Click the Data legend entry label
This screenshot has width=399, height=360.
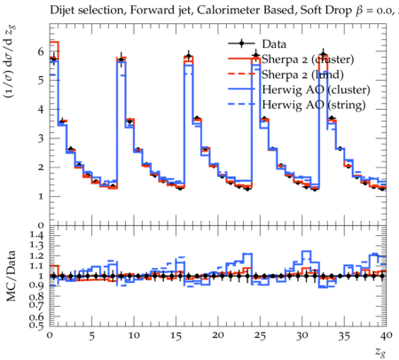pos(274,44)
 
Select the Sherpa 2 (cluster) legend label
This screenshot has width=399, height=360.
pos(308,59)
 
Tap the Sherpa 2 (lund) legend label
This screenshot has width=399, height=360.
pos(302,74)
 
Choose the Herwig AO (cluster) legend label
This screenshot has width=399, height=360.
pos(316,90)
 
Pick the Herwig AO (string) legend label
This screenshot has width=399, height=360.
pos(314,105)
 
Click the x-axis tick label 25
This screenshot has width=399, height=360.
pos(260,336)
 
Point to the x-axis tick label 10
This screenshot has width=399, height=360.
pos(134,336)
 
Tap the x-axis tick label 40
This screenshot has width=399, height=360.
pos(387,336)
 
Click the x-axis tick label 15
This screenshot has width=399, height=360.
pos(176,336)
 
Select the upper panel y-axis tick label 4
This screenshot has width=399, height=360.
pos(41,110)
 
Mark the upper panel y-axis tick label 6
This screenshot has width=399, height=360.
pos(41,51)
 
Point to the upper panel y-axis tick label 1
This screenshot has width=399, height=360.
pos(41,197)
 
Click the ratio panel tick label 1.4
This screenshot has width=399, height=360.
pos(37,235)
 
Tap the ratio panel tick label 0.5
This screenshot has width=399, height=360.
pos(37,325)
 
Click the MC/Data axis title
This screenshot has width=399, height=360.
pos(11,276)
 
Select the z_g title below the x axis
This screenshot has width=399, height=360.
pos(380,352)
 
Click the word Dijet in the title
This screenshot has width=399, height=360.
pos(62,10)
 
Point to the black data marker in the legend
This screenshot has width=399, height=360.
pos(241,43)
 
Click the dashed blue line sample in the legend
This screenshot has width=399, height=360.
pos(241,104)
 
